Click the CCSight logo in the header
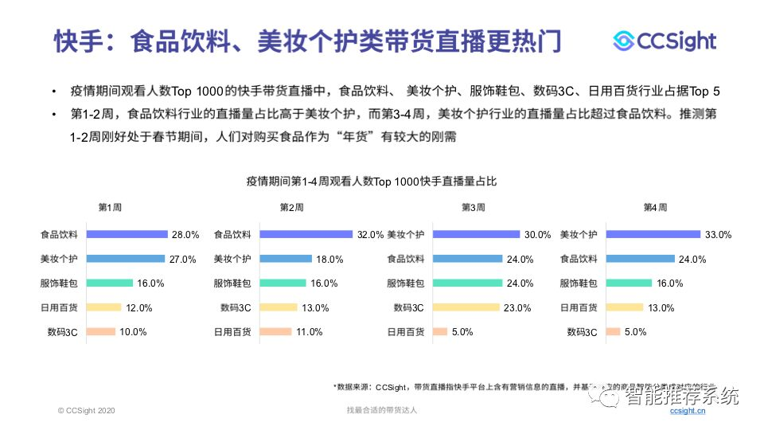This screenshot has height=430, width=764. pyautogui.click(x=665, y=41)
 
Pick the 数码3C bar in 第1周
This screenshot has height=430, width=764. pyautogui.click(x=101, y=332)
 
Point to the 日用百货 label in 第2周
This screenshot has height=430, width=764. pyautogui.click(x=232, y=332)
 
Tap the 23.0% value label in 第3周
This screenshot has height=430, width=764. pyautogui.click(x=516, y=308)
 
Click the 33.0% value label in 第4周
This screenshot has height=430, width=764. pyautogui.click(x=718, y=235)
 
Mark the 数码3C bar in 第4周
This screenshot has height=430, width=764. pyautogui.click(x=613, y=332)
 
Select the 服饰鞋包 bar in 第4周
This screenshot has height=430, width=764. pyautogui.click(x=629, y=283)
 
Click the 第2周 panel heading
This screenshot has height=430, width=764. pyautogui.click(x=291, y=208)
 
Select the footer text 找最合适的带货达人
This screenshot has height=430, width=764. pyautogui.click(x=382, y=410)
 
